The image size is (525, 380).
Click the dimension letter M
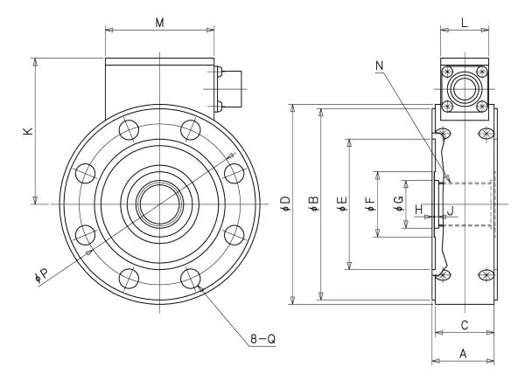pos(160,23)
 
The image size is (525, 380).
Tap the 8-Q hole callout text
pos(263,339)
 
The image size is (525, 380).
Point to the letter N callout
pos(379,66)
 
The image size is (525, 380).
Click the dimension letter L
pos(465,23)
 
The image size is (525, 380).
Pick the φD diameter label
pos(286,204)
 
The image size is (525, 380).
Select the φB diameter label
pos(314,204)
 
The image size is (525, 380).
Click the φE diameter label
pos(343,204)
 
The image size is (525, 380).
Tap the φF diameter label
pos(371,204)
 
